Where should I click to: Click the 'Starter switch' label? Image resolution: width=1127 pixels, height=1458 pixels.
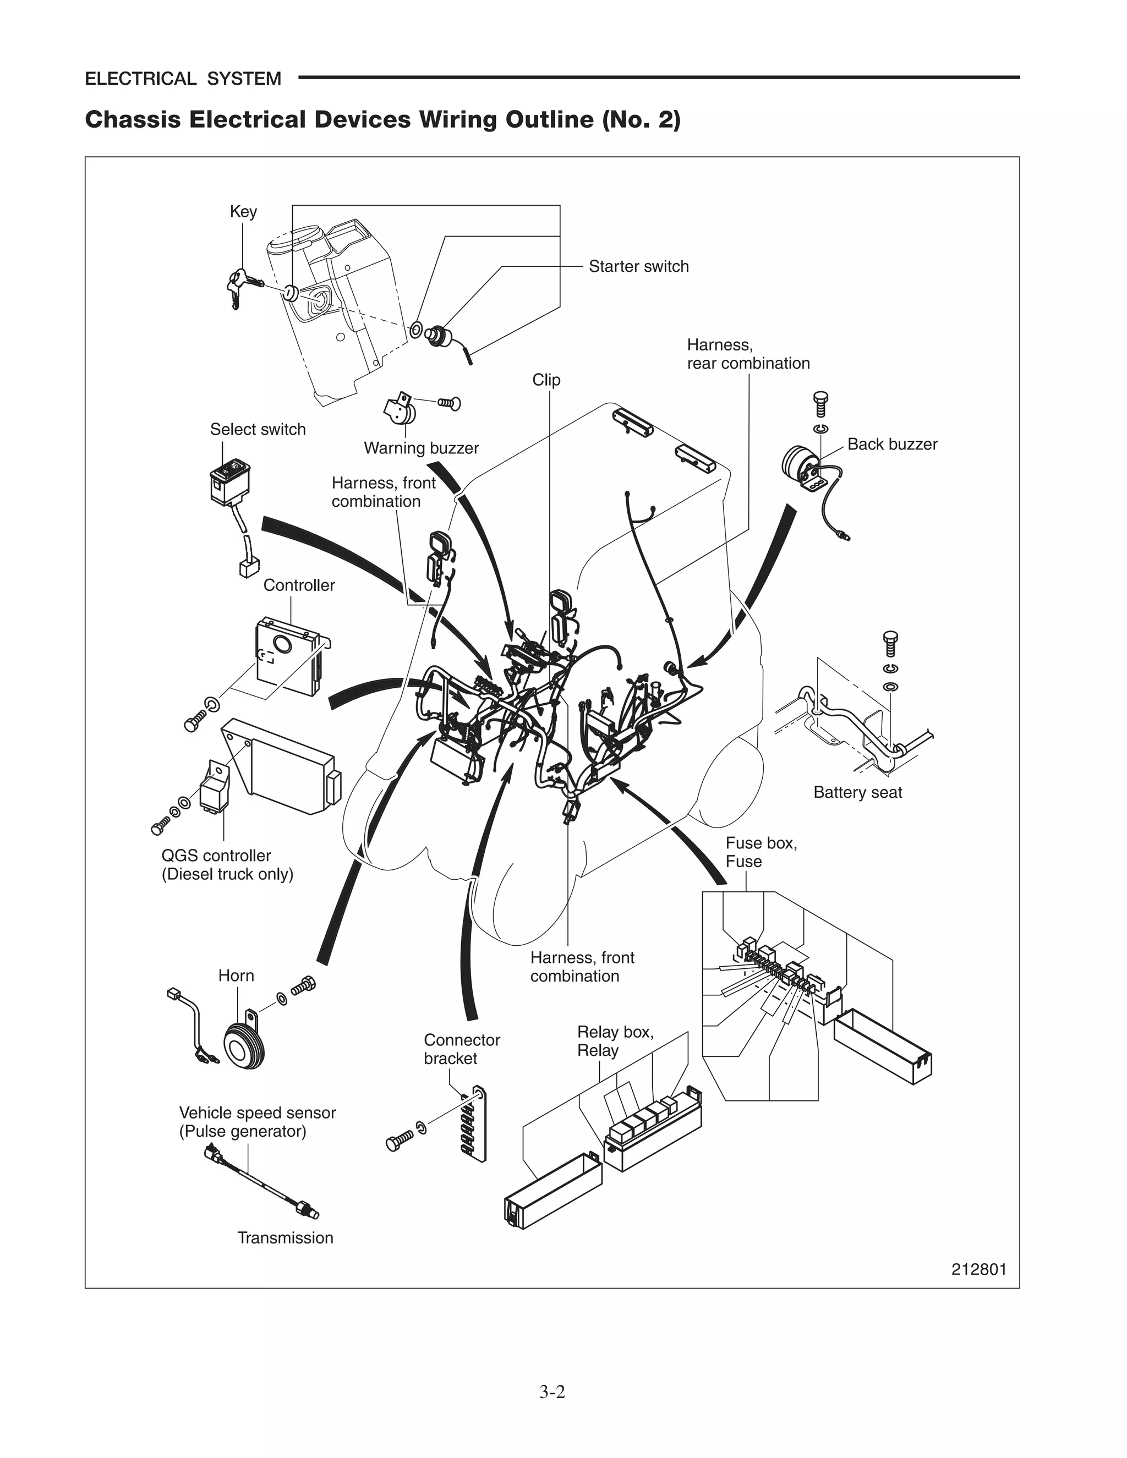coord(638,266)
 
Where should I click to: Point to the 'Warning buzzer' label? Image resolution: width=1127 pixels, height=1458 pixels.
coord(422,448)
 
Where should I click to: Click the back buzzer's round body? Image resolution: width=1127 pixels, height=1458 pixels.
coord(798,463)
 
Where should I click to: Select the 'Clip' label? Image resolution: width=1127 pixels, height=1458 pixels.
coord(546,380)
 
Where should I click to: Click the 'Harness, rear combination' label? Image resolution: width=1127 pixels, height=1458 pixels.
coord(748,354)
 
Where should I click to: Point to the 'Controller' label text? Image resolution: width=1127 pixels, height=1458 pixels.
coord(299,585)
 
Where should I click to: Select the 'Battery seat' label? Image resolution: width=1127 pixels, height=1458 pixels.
coord(857,792)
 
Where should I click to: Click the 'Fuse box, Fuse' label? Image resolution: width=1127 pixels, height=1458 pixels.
coord(761,852)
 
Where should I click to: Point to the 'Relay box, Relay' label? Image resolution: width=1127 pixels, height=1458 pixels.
coord(615,1041)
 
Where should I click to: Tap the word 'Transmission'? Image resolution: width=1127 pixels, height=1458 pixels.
coord(285,1238)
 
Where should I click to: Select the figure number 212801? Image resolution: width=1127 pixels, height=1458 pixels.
coord(978,1269)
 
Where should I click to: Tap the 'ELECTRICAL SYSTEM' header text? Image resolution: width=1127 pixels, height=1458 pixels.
coord(183,79)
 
